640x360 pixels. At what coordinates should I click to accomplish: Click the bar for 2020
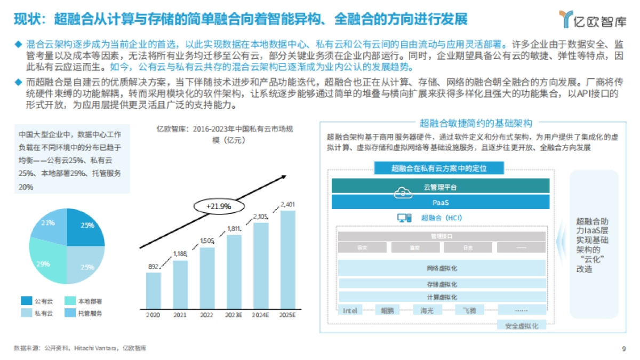coord(154,291)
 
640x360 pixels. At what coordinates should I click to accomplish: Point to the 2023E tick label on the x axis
coord(234,315)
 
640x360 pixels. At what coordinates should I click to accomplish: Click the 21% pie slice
coord(50,223)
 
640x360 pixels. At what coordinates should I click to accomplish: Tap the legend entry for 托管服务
coord(83,313)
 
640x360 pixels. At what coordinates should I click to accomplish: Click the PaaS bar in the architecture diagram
coord(441,202)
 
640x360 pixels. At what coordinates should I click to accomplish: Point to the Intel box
coord(350,310)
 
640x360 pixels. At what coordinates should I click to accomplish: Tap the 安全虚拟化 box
coord(521,325)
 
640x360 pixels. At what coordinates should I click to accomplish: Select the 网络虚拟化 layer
coord(442,268)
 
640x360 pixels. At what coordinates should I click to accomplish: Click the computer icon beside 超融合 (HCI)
coord(404,218)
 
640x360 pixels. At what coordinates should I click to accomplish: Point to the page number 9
coord(623,349)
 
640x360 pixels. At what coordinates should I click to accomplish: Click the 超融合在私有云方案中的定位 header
coord(439,169)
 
